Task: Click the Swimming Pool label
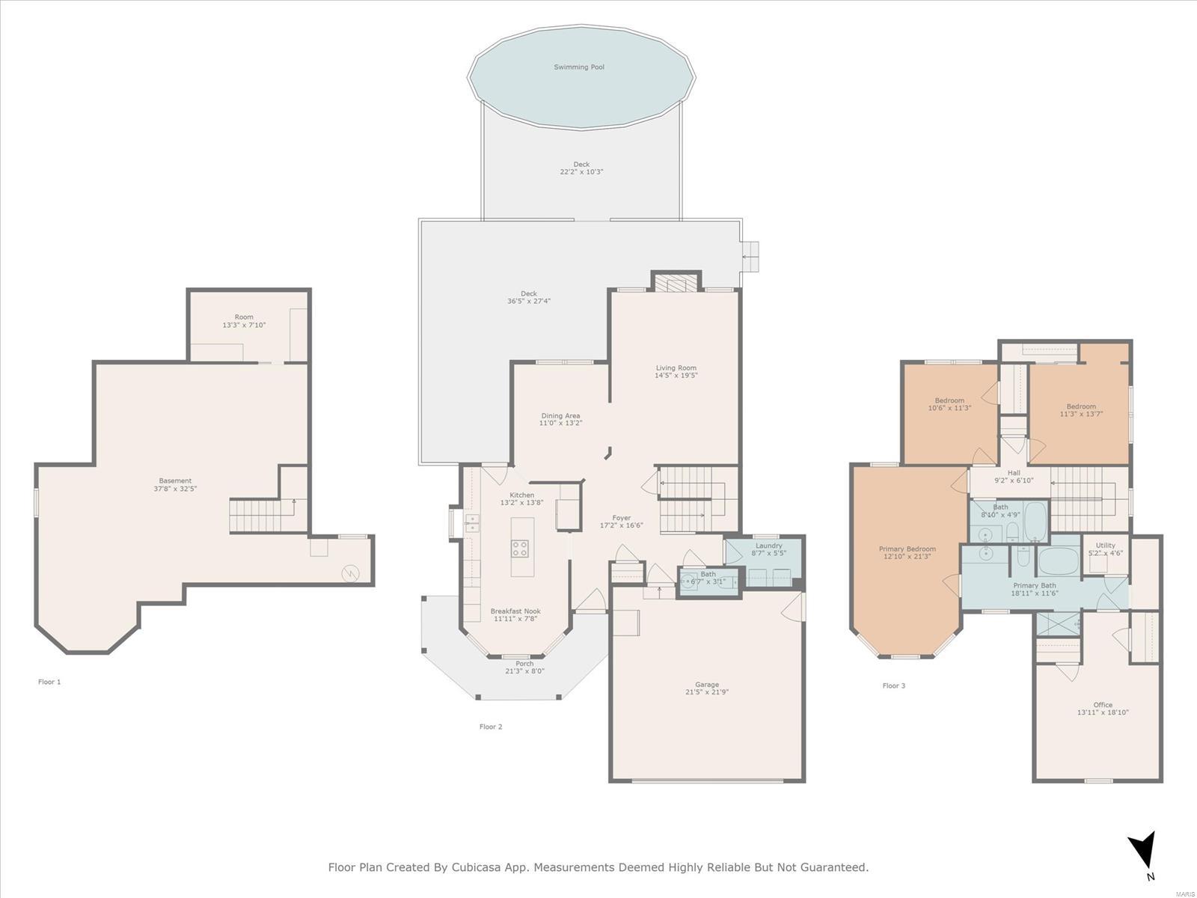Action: (578, 67)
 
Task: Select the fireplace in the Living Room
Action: (676, 283)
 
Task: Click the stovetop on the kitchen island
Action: (519, 549)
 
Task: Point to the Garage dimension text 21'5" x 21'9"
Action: (707, 692)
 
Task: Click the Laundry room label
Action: (769, 546)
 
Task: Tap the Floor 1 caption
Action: (49, 682)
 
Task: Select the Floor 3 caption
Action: (894, 685)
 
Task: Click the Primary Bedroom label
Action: (907, 549)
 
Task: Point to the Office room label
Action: (1103, 704)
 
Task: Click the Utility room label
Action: (1106, 546)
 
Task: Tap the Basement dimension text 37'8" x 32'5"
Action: (175, 489)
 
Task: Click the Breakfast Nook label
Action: (515, 611)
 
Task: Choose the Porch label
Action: (524, 664)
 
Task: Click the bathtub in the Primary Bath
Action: (1059, 561)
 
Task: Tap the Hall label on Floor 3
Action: (1014, 473)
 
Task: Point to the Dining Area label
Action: (560, 415)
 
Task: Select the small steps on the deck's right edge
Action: (750, 256)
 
